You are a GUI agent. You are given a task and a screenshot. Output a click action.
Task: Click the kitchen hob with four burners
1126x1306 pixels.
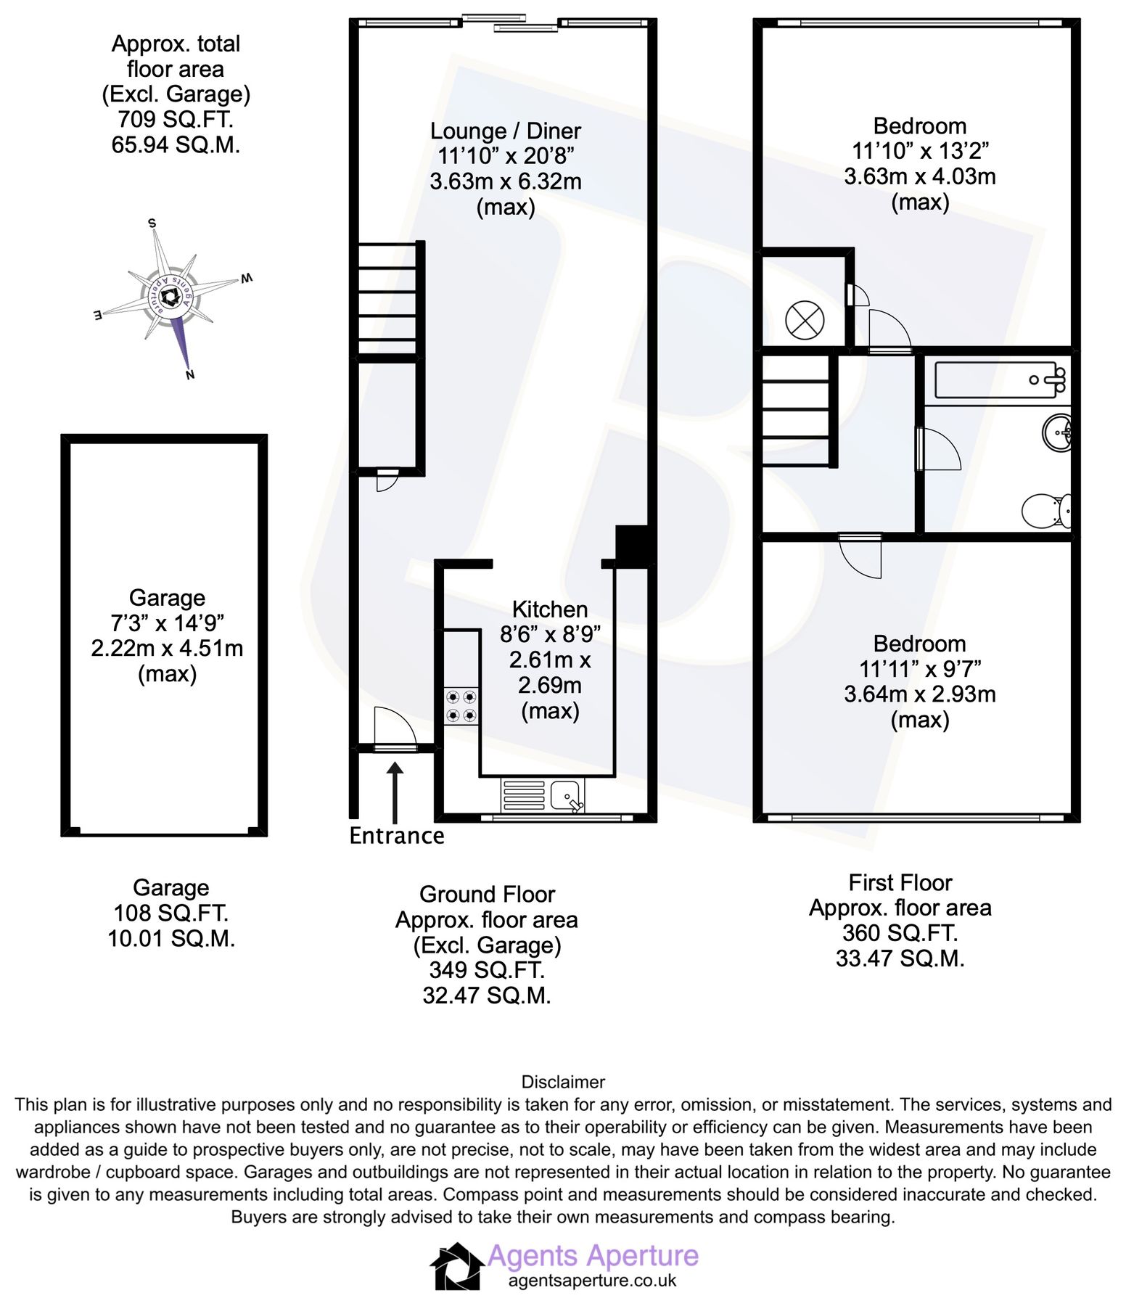pos(461,706)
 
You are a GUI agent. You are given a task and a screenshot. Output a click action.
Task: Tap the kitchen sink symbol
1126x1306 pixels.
pos(566,795)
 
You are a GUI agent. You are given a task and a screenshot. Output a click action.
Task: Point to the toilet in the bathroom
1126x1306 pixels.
pos(1045,511)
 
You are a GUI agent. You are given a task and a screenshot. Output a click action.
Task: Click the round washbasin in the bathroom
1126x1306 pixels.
pos(1057,433)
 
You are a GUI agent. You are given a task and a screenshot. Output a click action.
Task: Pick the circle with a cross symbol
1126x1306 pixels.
pos(805,320)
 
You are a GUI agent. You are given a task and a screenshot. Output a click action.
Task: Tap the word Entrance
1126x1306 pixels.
pos(396,836)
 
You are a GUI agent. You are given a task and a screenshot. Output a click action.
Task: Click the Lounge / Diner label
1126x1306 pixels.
pos(506,131)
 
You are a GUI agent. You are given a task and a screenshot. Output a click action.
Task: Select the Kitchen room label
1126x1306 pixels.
pos(549,609)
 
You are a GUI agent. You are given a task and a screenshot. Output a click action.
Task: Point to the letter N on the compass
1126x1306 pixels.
pos(190,375)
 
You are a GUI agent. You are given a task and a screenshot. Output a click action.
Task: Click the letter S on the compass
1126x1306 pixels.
pos(152,223)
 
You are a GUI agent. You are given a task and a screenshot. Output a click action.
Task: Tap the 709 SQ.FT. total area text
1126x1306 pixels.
pos(175,119)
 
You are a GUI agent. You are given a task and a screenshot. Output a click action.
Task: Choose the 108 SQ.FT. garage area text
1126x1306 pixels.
pos(170,913)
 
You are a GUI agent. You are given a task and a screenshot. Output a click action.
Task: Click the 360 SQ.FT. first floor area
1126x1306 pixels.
pos(900,933)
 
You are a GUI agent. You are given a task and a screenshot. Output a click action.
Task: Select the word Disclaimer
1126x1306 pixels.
pos(563,1082)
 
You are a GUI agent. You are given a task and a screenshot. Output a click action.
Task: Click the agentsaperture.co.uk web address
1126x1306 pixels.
pos(592,1281)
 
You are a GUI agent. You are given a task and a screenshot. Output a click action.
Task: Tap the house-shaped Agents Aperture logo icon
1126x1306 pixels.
pos(457,1267)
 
